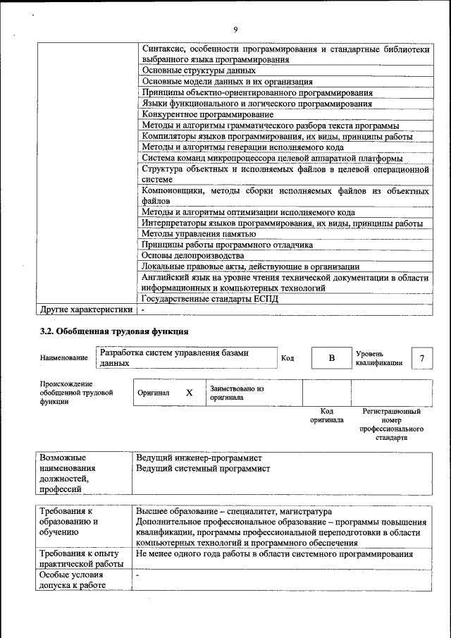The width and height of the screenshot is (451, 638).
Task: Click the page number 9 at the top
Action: click(x=235, y=29)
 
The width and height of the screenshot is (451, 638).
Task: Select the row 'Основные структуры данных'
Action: click(x=198, y=71)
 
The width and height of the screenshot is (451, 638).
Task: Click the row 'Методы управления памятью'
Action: click(x=198, y=234)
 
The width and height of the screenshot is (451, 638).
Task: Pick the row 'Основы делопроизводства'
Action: click(x=192, y=255)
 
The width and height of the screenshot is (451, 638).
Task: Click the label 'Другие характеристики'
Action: click(x=86, y=309)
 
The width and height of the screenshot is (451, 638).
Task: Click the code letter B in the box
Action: click(x=331, y=358)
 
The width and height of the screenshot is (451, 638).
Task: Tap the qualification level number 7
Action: click(x=421, y=358)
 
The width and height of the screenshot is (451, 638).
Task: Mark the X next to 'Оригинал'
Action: click(x=189, y=393)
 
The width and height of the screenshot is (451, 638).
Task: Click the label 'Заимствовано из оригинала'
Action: click(x=236, y=393)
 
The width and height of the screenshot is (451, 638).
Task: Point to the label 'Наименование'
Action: click(x=64, y=358)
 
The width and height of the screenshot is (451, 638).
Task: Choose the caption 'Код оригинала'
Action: click(x=326, y=415)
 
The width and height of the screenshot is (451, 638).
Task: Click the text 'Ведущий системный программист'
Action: click(x=203, y=468)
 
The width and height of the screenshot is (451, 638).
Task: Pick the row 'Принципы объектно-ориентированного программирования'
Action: click(x=257, y=93)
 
